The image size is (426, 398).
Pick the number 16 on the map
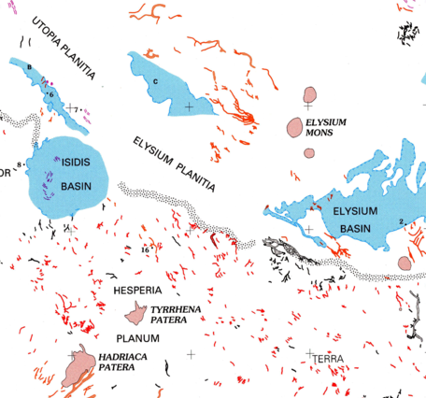146,250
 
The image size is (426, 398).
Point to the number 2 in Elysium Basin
401,220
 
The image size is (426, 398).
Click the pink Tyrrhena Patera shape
138,311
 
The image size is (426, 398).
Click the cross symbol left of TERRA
309,353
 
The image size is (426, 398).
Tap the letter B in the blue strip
30,67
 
